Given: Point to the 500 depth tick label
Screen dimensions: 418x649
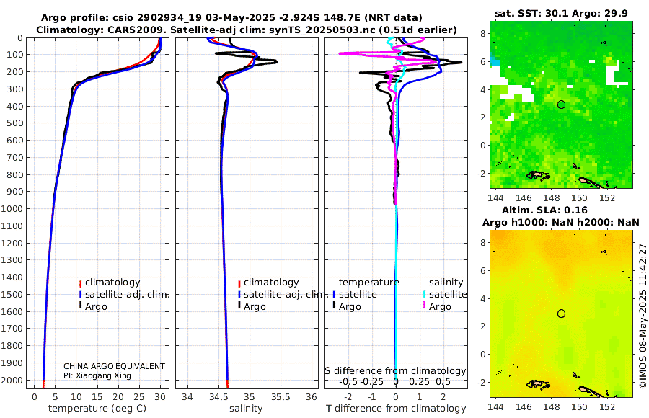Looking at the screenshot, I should pyautogui.click(x=14, y=123).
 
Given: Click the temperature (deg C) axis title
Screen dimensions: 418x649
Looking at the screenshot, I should pyautogui.click(x=97, y=409).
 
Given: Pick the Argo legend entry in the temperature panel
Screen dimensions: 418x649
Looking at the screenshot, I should pyautogui.click(x=100, y=306).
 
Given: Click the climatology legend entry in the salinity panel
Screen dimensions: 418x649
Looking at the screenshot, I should pyautogui.click(x=270, y=283).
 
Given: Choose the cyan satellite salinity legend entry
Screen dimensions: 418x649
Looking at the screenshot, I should pyautogui.click(x=447, y=294).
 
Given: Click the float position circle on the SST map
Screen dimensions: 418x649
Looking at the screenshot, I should pyautogui.click(x=561, y=104).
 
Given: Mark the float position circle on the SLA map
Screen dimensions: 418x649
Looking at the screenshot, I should pyautogui.click(x=561, y=313).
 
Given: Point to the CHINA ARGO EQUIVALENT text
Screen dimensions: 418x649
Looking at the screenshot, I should pyautogui.click(x=114, y=366).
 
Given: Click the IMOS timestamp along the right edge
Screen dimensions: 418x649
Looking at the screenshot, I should pyautogui.click(x=643, y=317).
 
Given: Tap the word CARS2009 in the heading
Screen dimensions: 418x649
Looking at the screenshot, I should pyautogui.click(x=118, y=29).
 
